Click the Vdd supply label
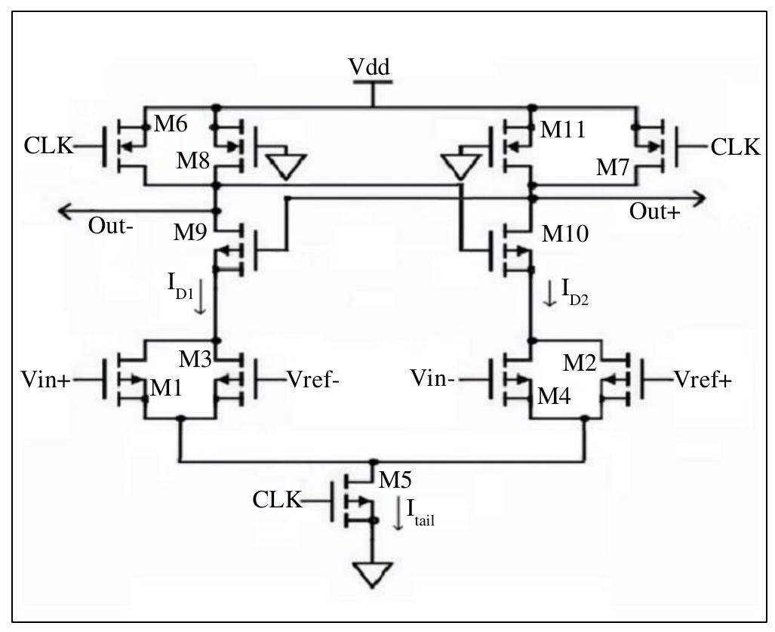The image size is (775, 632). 370,67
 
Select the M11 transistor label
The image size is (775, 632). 564,129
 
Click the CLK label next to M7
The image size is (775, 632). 735,147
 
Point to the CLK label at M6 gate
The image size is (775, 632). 48,146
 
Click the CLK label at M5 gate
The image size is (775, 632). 276,499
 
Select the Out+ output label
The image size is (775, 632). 654,213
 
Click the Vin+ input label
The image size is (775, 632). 45,381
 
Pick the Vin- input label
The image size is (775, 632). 432,378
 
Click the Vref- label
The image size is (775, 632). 313,380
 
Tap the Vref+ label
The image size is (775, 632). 702,380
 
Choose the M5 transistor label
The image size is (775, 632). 395,479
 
